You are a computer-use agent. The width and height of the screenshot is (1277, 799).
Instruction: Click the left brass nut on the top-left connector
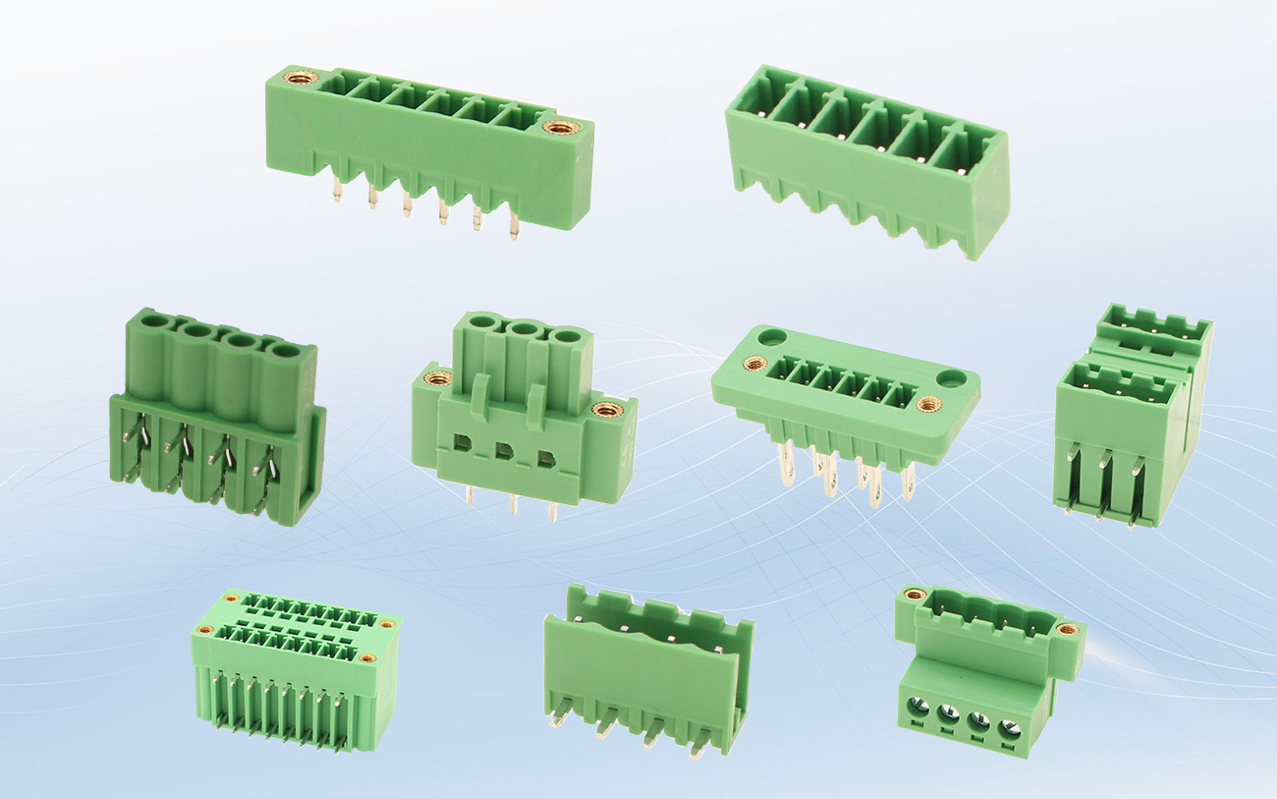point(301,78)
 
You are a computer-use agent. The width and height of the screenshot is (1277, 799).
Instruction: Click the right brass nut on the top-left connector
point(562,127)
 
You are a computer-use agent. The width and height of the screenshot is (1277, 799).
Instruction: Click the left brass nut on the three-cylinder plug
point(438,377)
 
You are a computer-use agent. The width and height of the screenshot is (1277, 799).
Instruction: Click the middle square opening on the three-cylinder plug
point(504,452)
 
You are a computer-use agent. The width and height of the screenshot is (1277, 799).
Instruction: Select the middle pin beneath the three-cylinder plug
point(512,504)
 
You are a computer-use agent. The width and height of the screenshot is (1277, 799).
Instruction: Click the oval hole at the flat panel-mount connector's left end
point(772,337)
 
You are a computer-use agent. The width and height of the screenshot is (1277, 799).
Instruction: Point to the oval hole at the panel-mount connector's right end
point(951,377)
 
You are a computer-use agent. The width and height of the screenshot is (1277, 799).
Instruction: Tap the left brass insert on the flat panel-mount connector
point(754,364)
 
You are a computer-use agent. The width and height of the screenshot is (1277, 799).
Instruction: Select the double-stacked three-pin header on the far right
point(1133,413)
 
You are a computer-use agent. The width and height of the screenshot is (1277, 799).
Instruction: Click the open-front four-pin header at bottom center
point(648,668)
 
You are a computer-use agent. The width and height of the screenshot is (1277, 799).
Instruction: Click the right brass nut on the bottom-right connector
point(1066,629)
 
